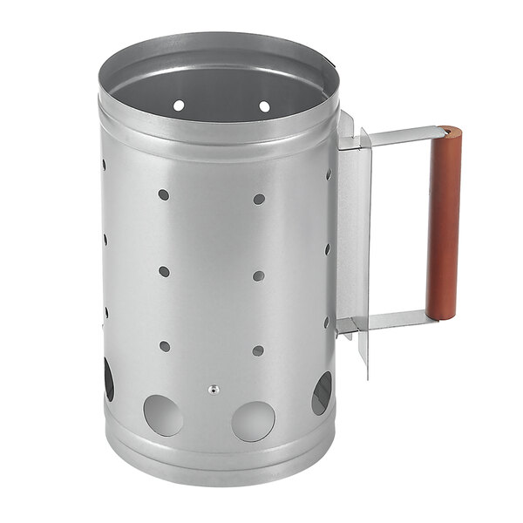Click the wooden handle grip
pyautogui.click(x=443, y=223)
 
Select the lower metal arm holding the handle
pyautogui.click(x=388, y=320)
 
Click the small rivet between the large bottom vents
pyautogui.click(x=211, y=390)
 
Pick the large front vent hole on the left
pyautogui.click(x=163, y=415)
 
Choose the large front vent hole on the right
pyautogui.click(x=253, y=420)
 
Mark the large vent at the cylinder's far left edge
pyautogui.click(x=109, y=380)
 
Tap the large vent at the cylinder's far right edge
pyautogui.click(x=322, y=393)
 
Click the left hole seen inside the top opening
pyautogui.click(x=179, y=105)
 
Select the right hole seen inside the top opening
pyautogui.click(x=264, y=106)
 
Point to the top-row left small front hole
pyautogui.click(x=164, y=194)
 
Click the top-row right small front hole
pyautogui.click(x=259, y=199)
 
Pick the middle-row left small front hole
pyautogui.click(x=164, y=271)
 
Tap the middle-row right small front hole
pyautogui.click(x=258, y=275)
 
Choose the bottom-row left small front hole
pyautogui.click(x=164, y=346)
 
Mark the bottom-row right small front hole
pyautogui.click(x=257, y=350)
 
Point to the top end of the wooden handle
pyautogui.click(x=451, y=132)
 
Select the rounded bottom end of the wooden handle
pyautogui.click(x=440, y=316)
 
